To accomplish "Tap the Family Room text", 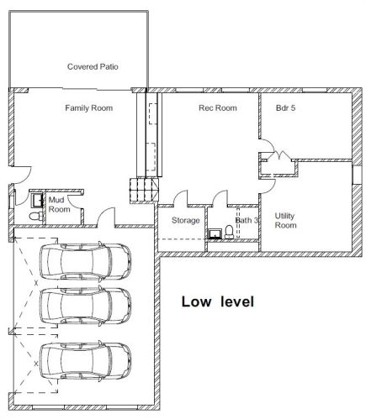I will [x=88, y=108].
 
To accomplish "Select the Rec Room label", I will [x=217, y=108].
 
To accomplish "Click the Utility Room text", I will [x=285, y=221].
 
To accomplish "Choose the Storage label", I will [x=186, y=221].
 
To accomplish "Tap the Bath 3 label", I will [x=245, y=221].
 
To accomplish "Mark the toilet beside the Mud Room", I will [x=33, y=217].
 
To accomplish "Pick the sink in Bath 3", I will [x=229, y=230].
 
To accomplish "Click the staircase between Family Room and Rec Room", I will [x=142, y=191].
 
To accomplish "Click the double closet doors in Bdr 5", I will [x=278, y=155].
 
